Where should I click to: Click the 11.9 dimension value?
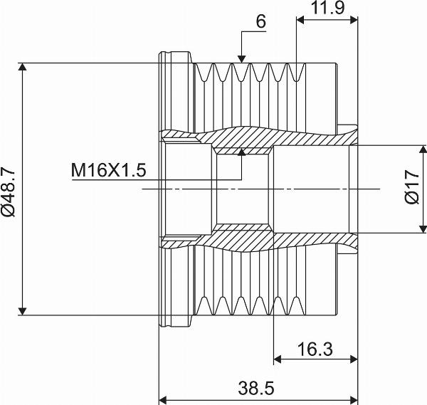tap(327, 8)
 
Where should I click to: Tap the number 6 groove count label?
tap(260, 21)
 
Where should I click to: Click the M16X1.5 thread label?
tap(109, 170)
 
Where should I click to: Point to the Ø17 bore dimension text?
tap(411, 187)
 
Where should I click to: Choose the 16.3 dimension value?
tap(315, 349)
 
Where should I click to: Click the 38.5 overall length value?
tap(256, 388)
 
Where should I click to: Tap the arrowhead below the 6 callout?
tap(241, 59)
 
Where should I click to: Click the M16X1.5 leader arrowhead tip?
tap(241, 149)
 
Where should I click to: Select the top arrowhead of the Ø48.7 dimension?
tap(22, 66)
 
